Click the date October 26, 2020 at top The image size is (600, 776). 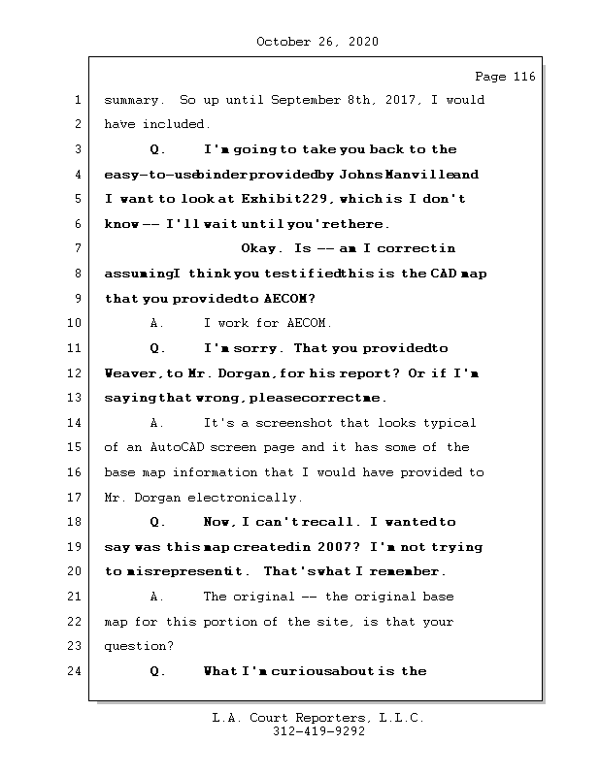coord(317,42)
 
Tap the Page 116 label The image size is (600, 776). coord(505,77)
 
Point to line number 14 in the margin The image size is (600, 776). coord(76,423)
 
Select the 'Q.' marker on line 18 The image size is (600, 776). coord(158,522)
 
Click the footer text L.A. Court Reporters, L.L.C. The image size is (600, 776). coord(317,719)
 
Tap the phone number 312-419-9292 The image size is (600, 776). coord(317,732)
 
